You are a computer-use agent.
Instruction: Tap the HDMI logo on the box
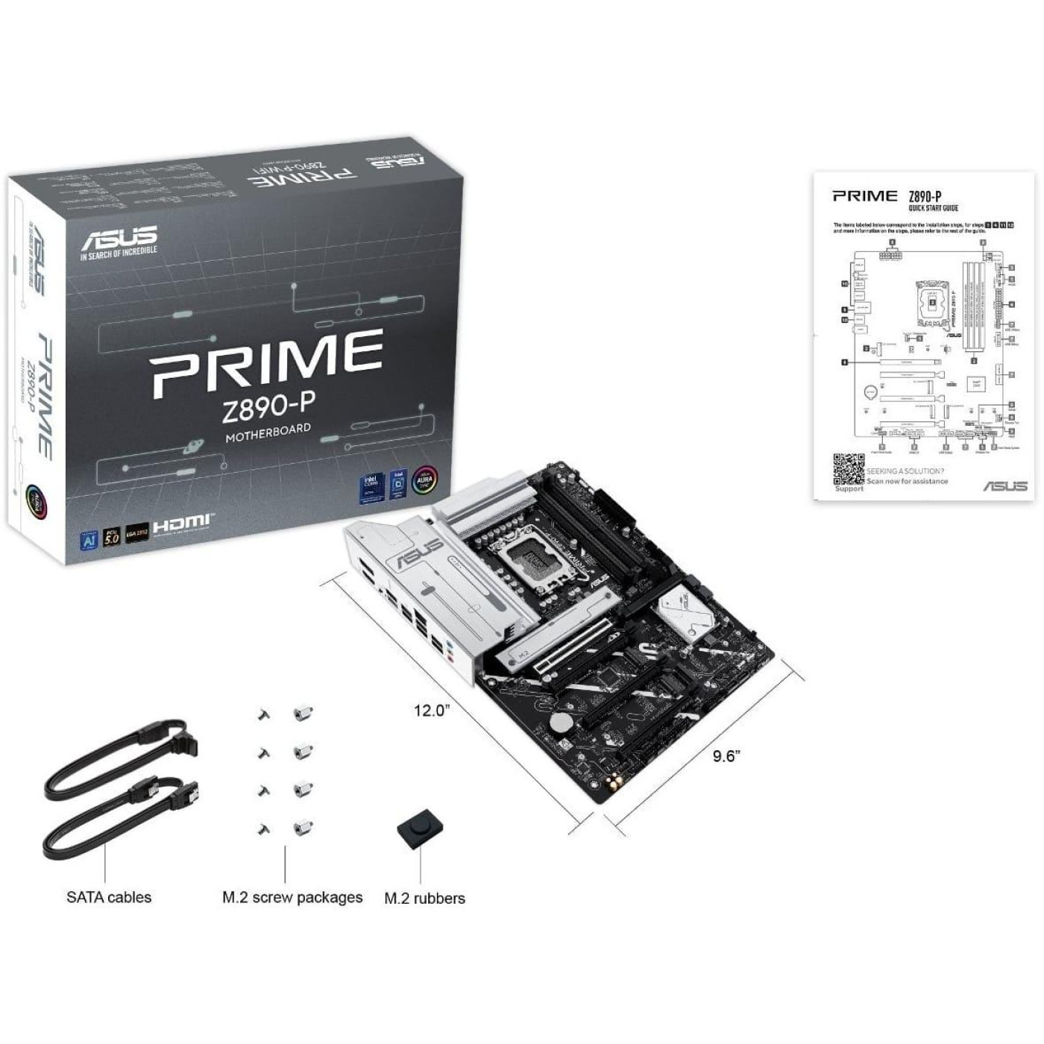click(183, 526)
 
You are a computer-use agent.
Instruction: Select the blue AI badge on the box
click(89, 538)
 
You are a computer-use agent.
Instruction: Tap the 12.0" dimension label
click(433, 710)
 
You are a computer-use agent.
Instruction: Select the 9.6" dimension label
click(725, 756)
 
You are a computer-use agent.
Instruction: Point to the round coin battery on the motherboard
click(561, 722)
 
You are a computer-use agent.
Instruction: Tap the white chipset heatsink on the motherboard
click(682, 608)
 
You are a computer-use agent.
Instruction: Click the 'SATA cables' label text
click(109, 897)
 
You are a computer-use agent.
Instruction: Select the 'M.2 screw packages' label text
click(292, 897)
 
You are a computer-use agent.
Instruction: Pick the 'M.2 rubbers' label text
click(424, 899)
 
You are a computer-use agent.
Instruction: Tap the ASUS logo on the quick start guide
click(1005, 486)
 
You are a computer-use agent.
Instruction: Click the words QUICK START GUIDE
click(933, 208)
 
